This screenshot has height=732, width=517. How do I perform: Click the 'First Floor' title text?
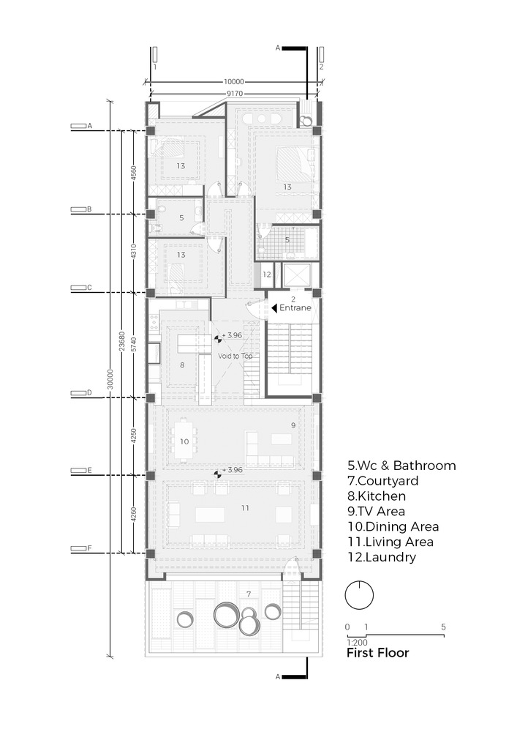(377, 653)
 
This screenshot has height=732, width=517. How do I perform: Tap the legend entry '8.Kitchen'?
(377, 496)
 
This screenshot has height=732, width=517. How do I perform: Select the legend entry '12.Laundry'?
(382, 557)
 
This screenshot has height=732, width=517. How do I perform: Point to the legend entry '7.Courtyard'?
(382, 481)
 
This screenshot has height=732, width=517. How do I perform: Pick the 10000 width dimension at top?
(234, 82)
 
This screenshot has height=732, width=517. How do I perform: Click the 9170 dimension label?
(235, 94)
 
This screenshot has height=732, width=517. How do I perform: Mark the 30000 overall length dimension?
(110, 379)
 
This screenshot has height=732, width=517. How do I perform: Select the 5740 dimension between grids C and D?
(134, 345)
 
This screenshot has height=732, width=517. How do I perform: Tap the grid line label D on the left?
(89, 392)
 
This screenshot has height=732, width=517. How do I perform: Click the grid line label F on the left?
(89, 548)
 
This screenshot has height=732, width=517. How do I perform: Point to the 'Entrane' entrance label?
(295, 307)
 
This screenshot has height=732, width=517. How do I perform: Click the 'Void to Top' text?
(235, 356)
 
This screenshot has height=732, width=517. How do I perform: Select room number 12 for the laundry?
(267, 274)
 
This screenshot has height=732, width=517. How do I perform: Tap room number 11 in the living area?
(246, 508)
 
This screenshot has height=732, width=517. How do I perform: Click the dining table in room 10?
(184, 441)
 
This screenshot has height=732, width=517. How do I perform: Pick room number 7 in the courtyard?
(249, 594)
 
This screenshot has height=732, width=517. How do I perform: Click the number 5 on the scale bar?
(444, 627)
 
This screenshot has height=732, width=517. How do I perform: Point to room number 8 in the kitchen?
(182, 365)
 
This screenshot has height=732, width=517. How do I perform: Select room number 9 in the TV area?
(293, 425)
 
